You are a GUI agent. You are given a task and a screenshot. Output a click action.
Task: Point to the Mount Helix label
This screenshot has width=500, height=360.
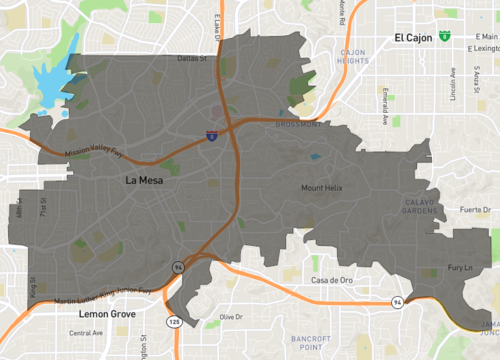point(322,188)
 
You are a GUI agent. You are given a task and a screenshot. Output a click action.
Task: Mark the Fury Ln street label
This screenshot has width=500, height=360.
point(459,267)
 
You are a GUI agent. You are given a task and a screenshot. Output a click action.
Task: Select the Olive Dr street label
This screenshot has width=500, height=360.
point(232,317)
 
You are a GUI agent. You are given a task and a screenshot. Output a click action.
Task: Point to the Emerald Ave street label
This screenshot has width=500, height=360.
point(384,105)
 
